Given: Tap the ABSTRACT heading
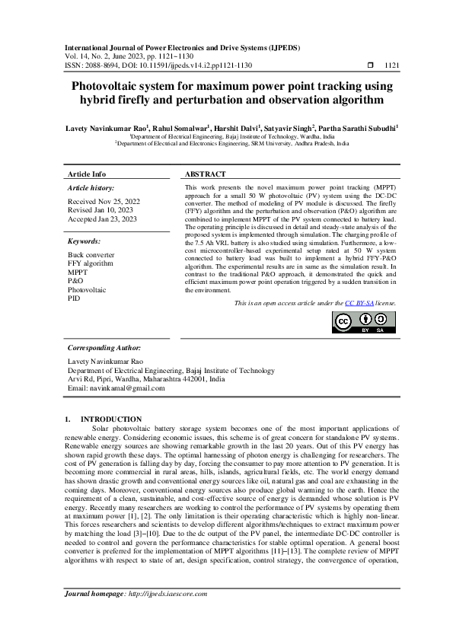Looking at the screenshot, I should [x=206, y=174].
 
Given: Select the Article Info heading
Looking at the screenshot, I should [x=88, y=174].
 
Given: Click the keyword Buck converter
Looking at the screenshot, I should [x=91, y=254].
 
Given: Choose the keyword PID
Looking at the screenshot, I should [x=75, y=299].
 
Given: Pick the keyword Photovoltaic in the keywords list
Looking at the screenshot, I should [x=87, y=290].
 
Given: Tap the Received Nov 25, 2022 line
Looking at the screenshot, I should [x=104, y=201].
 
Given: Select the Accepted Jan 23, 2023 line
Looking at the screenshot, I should [x=103, y=219].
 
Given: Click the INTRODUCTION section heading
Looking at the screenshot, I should [x=111, y=419].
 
